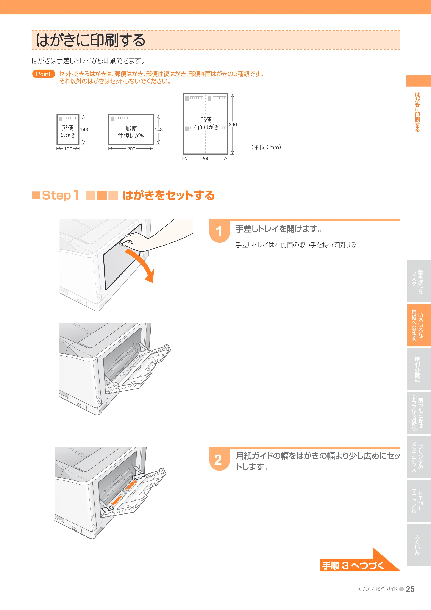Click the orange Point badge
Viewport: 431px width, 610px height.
(x=44, y=74)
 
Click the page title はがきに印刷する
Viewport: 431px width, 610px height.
(x=91, y=40)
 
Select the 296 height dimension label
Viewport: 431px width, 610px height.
(x=233, y=124)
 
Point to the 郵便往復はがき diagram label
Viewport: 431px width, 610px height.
(x=131, y=132)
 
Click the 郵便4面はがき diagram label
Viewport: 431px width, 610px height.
(x=206, y=124)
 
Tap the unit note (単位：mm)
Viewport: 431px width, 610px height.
(x=266, y=147)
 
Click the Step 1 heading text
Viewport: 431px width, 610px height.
(x=61, y=195)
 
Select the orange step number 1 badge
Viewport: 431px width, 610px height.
(x=219, y=231)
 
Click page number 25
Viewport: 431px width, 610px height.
(x=410, y=589)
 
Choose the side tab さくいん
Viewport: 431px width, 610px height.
(x=419, y=545)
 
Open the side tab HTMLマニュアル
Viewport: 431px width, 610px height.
(x=419, y=501)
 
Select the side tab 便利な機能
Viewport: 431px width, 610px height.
(x=419, y=369)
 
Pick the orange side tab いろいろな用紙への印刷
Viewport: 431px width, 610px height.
(x=419, y=325)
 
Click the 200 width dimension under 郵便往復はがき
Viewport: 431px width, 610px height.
(x=131, y=149)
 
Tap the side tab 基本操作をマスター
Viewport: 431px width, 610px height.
(x=419, y=281)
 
